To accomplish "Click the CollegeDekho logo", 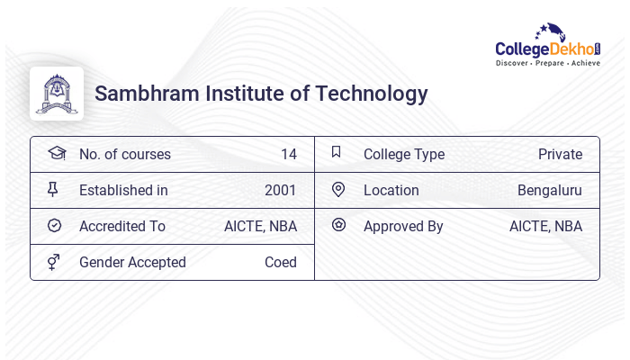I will pos(548,47).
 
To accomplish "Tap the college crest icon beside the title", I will pos(56,94).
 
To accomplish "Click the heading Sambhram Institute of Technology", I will pos(261,94).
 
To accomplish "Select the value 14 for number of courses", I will pos(288,155).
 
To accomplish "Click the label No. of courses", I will pos(124,155).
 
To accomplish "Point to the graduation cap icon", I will pos(56,153).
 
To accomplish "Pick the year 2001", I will pos(280,191).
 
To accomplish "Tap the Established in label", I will pos(123,191).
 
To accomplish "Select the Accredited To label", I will pos(122,227).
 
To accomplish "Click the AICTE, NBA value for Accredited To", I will pos(260,227).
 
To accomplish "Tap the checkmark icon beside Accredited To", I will pos(55,226).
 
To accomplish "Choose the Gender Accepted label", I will pos(132,263).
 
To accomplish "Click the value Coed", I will pos(280,263).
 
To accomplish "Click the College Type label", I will pos(403,155).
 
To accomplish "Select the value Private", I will pos(560,155).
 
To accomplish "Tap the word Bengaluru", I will pos(549,191).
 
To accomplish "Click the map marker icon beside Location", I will pos(338,190).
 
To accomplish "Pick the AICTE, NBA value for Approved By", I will pos(545,227).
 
